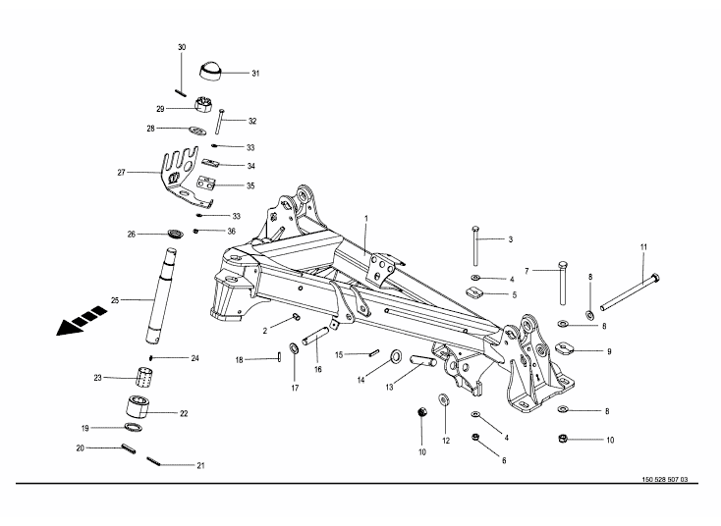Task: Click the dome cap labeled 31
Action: click(211, 72)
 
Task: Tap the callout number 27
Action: click(122, 172)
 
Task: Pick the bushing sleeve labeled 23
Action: click(145, 377)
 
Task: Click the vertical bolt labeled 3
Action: click(475, 245)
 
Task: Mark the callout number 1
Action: click(366, 217)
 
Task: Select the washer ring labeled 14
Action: click(396, 354)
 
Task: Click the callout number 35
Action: click(250, 184)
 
